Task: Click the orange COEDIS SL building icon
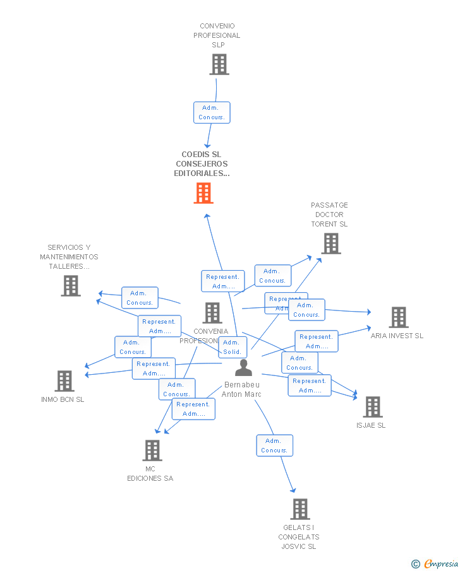[x=203, y=193]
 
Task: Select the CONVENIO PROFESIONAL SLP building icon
[x=219, y=64]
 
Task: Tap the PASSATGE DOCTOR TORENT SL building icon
[x=330, y=244]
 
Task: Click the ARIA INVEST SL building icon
[x=398, y=317]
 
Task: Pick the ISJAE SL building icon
[x=373, y=407]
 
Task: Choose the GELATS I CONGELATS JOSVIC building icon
[x=300, y=509]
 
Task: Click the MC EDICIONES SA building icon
[x=152, y=450]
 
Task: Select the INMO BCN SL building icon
[x=64, y=381]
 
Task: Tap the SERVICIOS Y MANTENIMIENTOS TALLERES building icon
[x=71, y=286]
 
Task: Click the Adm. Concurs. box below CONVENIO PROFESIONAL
[x=212, y=112]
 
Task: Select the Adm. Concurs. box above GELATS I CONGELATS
[x=274, y=445]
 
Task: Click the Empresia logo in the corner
[x=434, y=563]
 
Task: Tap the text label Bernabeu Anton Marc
[x=241, y=390]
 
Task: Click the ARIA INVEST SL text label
[x=397, y=336]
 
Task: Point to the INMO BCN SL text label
[x=63, y=399]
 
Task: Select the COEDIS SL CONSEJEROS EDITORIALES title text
[x=202, y=164]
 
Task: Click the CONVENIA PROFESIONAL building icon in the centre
[x=212, y=312]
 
